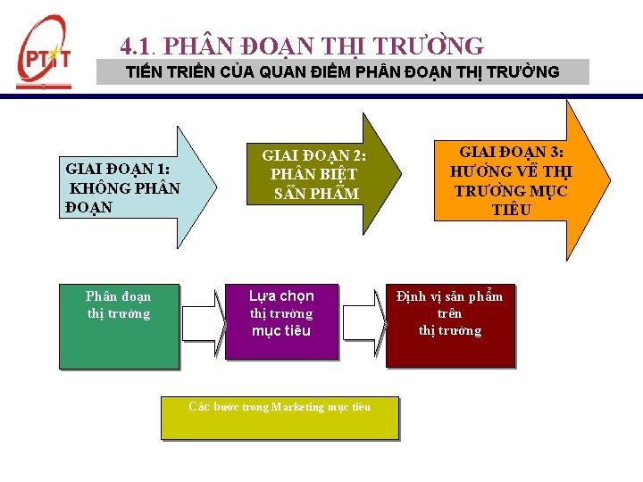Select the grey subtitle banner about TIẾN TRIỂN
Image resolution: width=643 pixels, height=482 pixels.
(343, 72)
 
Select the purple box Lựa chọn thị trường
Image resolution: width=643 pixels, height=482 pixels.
(281, 321)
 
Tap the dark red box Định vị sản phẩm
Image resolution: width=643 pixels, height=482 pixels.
(450, 326)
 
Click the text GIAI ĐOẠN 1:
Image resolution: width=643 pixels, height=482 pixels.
(118, 169)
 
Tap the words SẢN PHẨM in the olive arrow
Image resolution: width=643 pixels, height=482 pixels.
(316, 194)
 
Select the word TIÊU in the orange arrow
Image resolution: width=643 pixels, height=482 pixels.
(511, 211)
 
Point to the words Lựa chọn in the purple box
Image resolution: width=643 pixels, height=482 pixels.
(281, 295)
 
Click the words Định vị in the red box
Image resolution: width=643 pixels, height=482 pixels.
(417, 296)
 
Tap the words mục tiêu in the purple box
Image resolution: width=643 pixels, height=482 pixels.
(281, 331)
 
